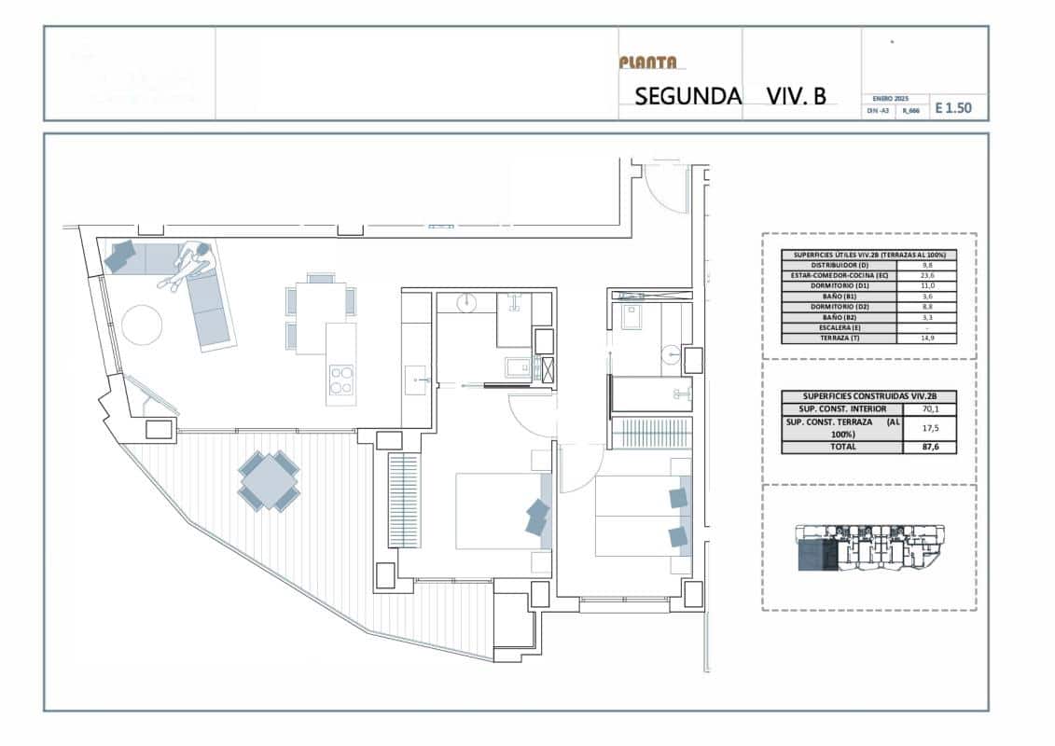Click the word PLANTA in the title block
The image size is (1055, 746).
[648, 62]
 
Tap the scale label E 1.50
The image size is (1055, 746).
[952, 108]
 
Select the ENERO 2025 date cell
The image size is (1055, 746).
[891, 98]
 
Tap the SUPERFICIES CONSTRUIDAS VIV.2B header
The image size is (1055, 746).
[868, 395]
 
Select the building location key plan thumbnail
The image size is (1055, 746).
[868, 548]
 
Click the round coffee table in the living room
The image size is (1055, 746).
[142, 325]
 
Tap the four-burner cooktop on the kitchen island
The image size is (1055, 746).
[342, 380]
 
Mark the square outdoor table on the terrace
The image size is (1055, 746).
[269, 481]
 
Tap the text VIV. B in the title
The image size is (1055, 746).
[796, 95]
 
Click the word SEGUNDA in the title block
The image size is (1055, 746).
[687, 95]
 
